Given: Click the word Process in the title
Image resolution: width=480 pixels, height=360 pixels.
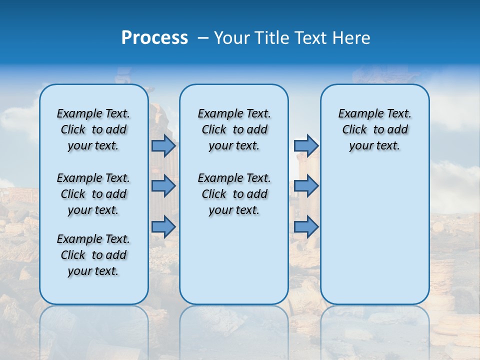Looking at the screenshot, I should [154, 38].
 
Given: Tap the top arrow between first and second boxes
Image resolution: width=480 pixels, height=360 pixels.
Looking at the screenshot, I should [163, 146].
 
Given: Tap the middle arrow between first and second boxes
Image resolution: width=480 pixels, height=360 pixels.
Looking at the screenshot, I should [163, 186].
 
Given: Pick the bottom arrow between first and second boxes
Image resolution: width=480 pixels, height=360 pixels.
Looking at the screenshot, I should [163, 226].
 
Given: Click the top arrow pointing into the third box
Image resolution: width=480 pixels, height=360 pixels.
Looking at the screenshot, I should [306, 146].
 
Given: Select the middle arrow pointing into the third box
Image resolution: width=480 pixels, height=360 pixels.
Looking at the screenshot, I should [306, 186].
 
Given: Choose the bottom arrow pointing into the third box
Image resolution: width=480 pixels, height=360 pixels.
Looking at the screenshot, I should [306, 226].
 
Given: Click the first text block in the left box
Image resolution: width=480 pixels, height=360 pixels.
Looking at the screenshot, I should [93, 129].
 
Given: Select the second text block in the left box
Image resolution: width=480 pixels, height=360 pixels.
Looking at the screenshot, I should [93, 194].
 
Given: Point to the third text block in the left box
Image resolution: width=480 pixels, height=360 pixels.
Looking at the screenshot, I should [93, 255].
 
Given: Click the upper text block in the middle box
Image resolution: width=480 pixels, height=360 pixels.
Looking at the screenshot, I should [234, 129].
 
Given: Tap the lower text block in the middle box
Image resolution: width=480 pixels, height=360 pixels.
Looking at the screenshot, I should [234, 194].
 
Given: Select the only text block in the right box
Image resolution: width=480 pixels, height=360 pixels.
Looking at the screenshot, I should [374, 129].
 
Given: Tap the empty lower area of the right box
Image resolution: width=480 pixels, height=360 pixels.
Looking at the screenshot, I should [374, 235].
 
